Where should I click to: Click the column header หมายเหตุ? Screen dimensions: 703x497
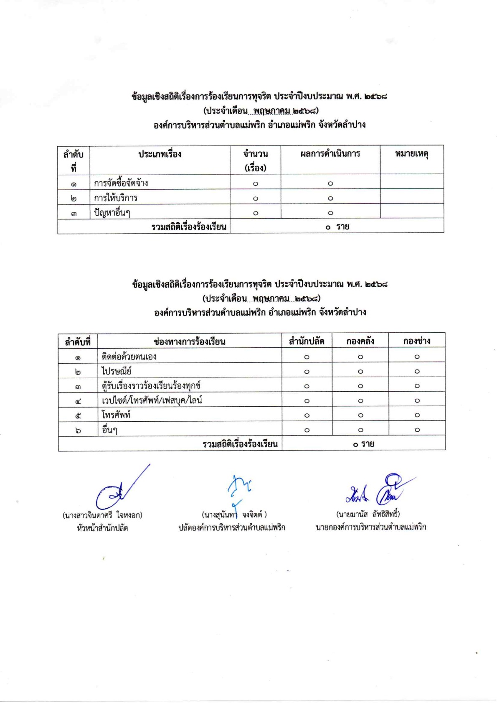pyautogui.click(x=411, y=154)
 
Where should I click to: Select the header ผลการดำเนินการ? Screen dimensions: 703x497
pyautogui.click(x=330, y=154)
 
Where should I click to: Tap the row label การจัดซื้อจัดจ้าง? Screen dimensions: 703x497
pyautogui.click(x=121, y=183)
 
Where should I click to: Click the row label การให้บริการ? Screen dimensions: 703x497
pyautogui.click(x=115, y=198)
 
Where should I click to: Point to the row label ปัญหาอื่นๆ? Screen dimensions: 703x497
pyautogui.click(x=112, y=213)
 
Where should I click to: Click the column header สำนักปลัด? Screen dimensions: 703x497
pyautogui.click(x=307, y=341)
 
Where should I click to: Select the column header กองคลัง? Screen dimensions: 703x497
pyautogui.click(x=360, y=341)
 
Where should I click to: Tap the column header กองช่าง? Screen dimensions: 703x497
pyautogui.click(x=416, y=341)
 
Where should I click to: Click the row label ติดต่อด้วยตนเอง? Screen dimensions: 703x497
pyautogui.click(x=129, y=357)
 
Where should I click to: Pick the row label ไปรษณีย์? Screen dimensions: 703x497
pyautogui.click(x=117, y=371)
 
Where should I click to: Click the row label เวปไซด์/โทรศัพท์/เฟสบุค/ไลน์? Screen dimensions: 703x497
pyautogui.click(x=152, y=400)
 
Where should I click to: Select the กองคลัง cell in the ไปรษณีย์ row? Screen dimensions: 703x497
pyautogui.click(x=360, y=372)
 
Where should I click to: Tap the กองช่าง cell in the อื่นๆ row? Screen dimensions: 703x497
pyautogui.click(x=417, y=430)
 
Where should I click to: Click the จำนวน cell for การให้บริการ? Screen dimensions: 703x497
pyautogui.click(x=256, y=199)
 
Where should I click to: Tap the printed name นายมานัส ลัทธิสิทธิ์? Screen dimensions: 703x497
pyautogui.click(x=368, y=514)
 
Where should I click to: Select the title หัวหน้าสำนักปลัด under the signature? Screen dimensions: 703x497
pyautogui.click(x=102, y=528)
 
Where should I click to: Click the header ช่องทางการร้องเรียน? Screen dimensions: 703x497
pyautogui.click(x=190, y=341)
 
